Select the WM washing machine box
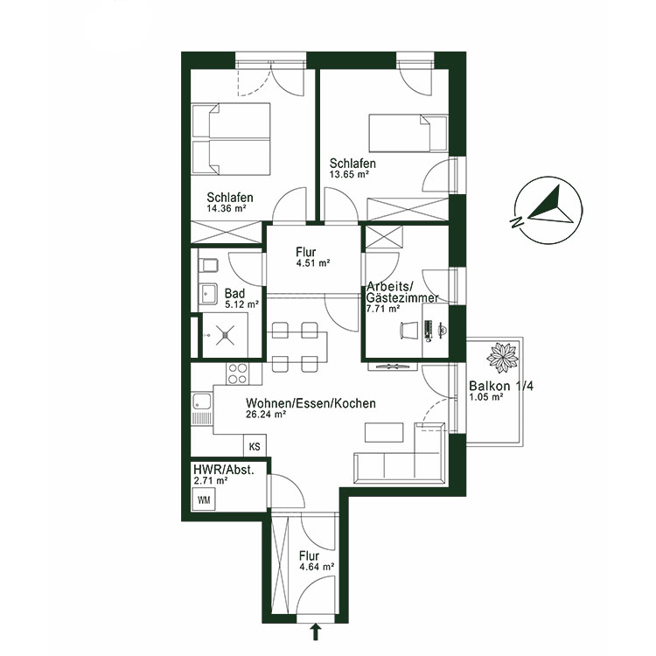point(205,500)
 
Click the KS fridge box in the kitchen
point(255,446)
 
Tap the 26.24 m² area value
point(268,416)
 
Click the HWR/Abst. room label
point(222,469)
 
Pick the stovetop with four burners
point(238,373)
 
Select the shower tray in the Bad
point(220,333)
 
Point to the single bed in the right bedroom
point(408,134)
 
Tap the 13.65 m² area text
point(350,175)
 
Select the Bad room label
point(234,293)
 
